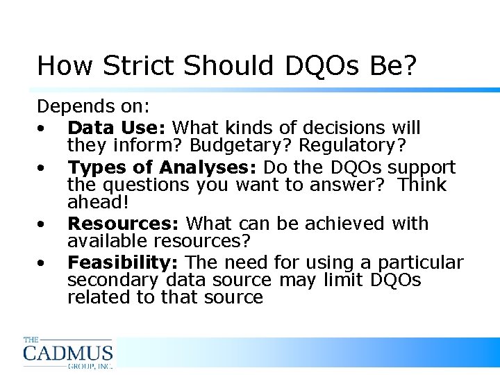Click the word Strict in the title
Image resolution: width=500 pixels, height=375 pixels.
click(141, 65)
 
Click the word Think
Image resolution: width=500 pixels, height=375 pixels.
click(419, 185)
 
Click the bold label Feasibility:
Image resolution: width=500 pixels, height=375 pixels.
click(124, 262)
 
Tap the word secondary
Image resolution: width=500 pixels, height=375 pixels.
click(113, 280)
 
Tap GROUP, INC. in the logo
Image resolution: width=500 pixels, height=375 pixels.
click(90, 365)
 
